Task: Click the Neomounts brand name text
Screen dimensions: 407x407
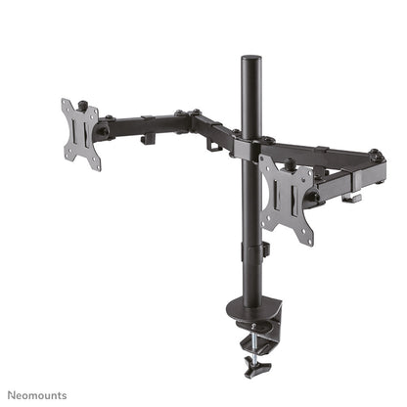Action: [x=37, y=394]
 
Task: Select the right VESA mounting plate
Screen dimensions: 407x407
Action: [x=288, y=201]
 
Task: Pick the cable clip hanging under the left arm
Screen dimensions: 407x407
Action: [x=148, y=139]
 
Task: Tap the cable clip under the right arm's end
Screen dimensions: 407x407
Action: [x=351, y=198]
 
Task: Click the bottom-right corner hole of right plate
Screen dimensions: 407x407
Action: [x=307, y=238]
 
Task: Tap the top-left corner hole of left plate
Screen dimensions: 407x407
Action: [x=67, y=105]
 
